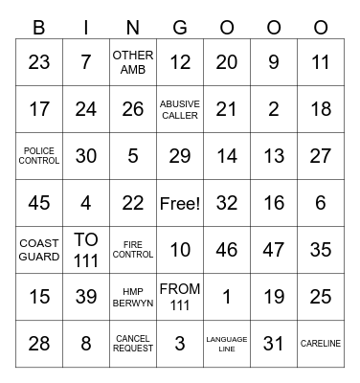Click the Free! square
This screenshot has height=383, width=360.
[x=180, y=203]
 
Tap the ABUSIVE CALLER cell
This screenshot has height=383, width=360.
[x=180, y=109]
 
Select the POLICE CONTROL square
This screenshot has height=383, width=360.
[x=39, y=156]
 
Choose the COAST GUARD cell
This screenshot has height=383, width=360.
[x=39, y=250]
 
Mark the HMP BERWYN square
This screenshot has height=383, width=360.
[x=133, y=297]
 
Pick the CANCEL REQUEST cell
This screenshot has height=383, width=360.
[x=133, y=344]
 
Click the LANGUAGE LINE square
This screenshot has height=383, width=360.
[x=227, y=344]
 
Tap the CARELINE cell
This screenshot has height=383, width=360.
[x=321, y=344]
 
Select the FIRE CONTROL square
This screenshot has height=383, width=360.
[x=133, y=250]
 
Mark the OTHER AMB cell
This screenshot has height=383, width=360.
[x=133, y=62]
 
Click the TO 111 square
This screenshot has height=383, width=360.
[x=86, y=250]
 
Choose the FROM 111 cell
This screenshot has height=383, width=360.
[x=180, y=297]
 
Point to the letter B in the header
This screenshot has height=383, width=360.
[x=39, y=28]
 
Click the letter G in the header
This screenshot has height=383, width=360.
[x=180, y=28]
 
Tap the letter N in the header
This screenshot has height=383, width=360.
[x=133, y=28]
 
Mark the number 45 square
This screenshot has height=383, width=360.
[x=39, y=203]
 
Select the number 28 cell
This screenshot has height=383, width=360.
[x=39, y=344]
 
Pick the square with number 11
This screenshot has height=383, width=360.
[x=321, y=62]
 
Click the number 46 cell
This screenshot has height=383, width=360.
[x=227, y=250]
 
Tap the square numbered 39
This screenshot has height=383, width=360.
[x=86, y=297]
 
